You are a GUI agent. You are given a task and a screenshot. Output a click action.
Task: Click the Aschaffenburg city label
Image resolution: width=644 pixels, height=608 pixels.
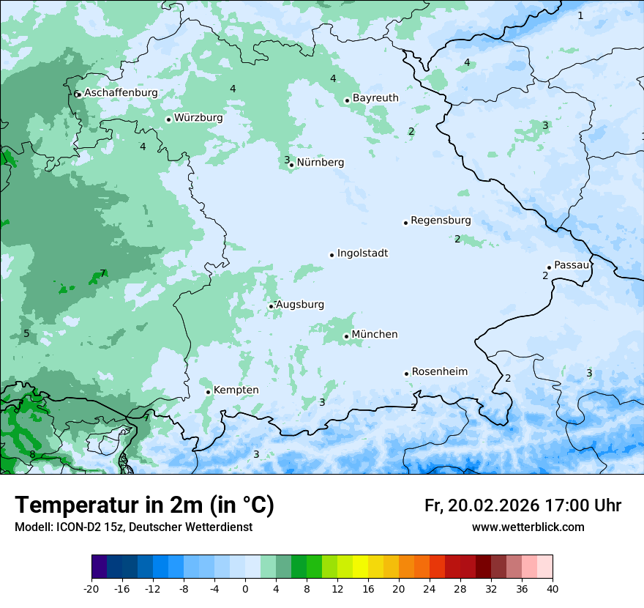(121, 93)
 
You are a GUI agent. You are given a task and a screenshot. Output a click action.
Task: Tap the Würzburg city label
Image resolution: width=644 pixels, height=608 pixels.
(198, 117)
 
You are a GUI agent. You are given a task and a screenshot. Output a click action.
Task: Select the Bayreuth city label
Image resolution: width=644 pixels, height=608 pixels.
(375, 98)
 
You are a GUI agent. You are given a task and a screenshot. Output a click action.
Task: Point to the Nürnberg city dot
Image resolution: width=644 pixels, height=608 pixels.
(291, 165)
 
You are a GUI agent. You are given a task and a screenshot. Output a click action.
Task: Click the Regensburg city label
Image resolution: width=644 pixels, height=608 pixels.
(441, 220)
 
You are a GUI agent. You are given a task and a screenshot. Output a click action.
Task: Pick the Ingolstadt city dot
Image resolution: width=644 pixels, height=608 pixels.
(332, 255)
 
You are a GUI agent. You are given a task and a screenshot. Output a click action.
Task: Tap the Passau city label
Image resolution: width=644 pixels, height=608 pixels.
(572, 265)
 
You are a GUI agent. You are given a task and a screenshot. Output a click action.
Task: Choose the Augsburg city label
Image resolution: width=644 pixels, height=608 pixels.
(300, 305)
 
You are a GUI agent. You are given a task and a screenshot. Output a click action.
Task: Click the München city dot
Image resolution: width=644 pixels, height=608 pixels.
(346, 337)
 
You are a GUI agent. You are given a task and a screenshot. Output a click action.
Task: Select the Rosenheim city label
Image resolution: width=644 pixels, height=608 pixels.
(439, 372)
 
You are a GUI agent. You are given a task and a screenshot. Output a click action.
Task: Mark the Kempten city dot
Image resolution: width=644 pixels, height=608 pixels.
(208, 392)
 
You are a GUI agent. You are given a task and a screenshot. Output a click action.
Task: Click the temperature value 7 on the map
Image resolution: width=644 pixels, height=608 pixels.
(103, 273)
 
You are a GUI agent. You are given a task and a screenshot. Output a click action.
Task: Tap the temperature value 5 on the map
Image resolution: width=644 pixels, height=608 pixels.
(26, 334)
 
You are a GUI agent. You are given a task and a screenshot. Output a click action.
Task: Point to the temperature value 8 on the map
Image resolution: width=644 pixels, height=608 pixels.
(32, 454)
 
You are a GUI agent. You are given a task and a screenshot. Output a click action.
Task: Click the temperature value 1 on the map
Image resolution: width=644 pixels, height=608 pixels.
(580, 15)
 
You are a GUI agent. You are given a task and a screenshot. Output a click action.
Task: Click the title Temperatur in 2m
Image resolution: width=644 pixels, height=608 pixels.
(144, 505)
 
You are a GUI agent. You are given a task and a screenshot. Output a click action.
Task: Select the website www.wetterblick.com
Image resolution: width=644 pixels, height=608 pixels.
(528, 527)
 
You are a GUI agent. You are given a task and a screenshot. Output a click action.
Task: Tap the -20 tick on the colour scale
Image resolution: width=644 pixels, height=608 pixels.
(91, 589)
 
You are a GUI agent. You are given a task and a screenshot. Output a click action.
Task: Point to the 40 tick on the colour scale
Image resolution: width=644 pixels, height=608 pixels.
(553, 589)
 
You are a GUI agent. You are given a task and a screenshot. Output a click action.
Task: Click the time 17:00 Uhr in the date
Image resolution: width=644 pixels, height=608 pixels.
(583, 505)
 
